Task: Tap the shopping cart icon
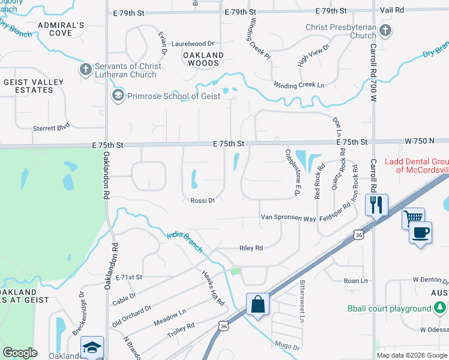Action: click(413, 218)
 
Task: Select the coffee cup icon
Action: click(420, 232)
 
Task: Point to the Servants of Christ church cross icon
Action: click(85, 70)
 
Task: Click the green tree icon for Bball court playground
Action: click(440, 308)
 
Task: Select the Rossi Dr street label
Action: click(202, 200)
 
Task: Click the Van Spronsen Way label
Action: click(288, 218)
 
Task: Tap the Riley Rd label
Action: click(252, 247)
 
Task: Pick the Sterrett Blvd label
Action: click(52, 127)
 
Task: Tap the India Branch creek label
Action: click(184, 241)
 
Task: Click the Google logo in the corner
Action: click(20, 353)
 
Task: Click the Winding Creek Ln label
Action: click(298, 85)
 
